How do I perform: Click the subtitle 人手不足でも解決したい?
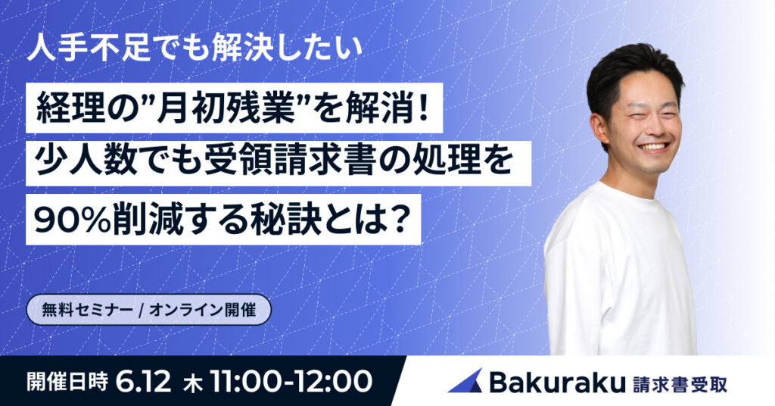coord(195,49)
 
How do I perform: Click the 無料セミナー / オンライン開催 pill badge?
coord(149,310)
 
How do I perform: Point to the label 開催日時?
coord(67,381)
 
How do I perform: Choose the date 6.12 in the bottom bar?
coord(144,381)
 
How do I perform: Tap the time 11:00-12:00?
coord(291,381)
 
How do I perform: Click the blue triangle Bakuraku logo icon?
coord(465,381)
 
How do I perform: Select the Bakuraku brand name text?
coord(557,381)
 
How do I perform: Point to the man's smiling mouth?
coord(653,146)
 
